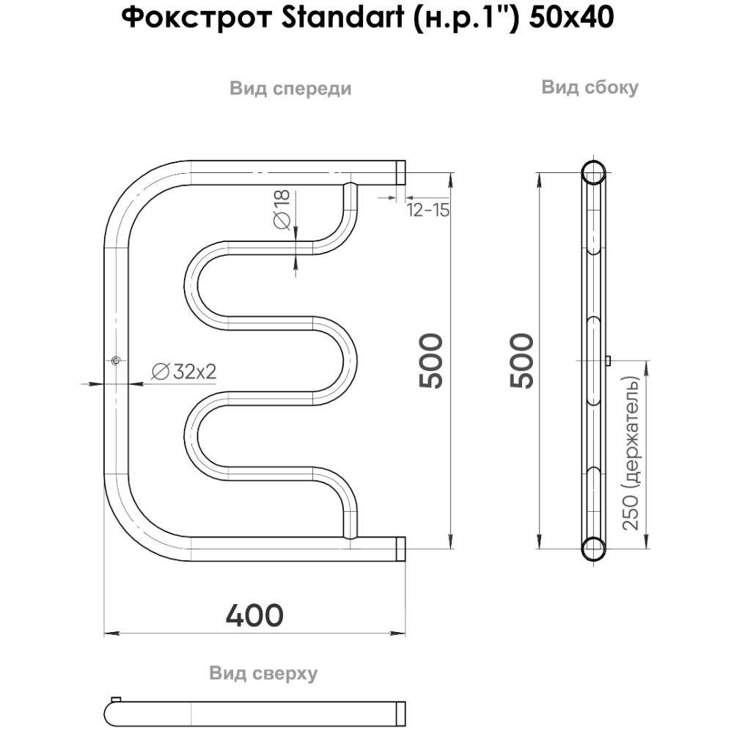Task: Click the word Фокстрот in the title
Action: point(196,18)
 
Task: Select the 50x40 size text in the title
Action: point(570,18)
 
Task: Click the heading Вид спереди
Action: point(290,89)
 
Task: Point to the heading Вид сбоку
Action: point(589,87)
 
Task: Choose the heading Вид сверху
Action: point(263,673)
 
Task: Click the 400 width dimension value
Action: point(254,615)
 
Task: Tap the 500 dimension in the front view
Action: point(430,361)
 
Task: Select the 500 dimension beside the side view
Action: point(522,361)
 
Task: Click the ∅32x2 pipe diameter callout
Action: point(184,372)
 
